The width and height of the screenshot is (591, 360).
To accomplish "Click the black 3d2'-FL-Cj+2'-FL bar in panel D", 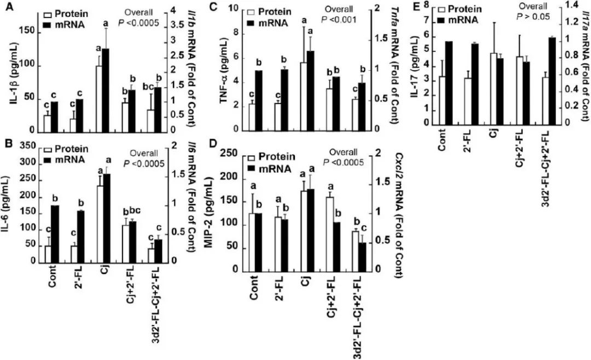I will coord(362,257).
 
